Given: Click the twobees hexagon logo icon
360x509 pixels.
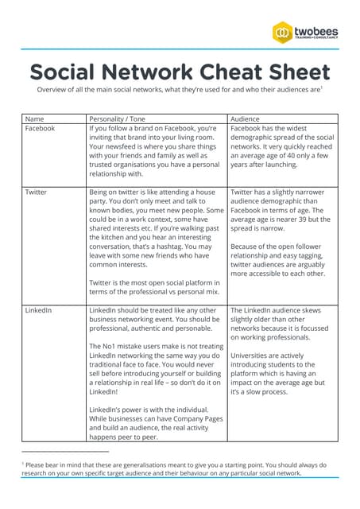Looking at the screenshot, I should click(x=284, y=33).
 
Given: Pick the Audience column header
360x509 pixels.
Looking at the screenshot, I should click(x=246, y=119).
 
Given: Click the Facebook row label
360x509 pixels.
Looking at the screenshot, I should click(x=40, y=128).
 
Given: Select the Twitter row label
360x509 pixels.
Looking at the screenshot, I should click(x=36, y=192).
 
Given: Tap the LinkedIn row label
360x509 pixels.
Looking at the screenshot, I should click(x=38, y=309).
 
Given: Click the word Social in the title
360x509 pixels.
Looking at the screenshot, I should click(x=61, y=72).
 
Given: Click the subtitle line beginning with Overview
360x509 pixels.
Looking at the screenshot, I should click(x=179, y=91).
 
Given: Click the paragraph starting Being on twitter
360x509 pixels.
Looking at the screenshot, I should click(x=155, y=232).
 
